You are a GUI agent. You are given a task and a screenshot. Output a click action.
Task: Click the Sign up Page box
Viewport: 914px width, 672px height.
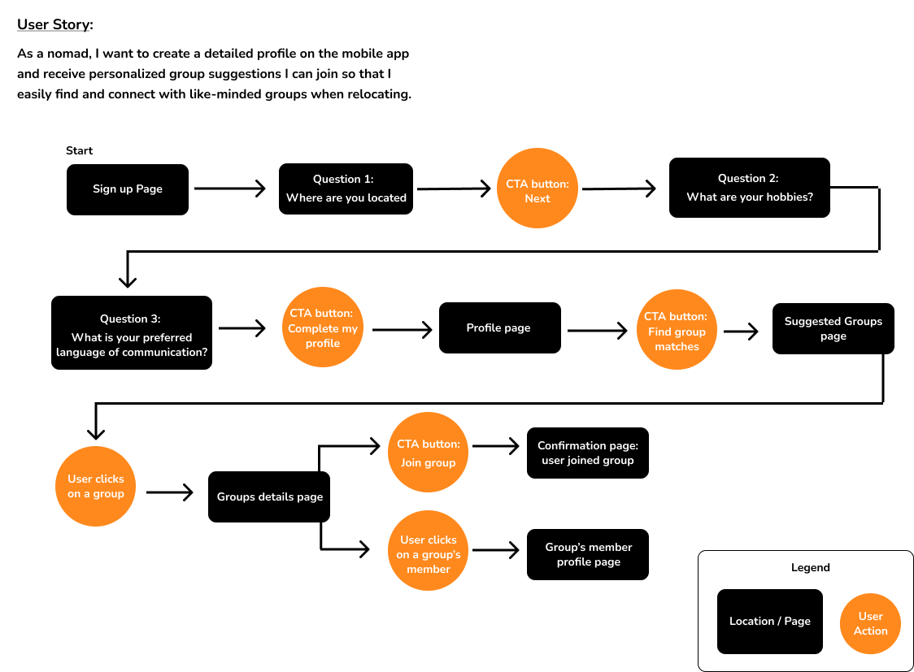[x=128, y=189]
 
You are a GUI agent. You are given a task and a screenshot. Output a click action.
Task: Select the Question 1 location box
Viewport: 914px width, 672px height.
[x=346, y=189]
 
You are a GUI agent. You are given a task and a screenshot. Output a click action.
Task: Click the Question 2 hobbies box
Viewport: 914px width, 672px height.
[x=749, y=188]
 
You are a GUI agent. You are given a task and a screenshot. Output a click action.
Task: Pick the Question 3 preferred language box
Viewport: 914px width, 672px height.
[x=132, y=332]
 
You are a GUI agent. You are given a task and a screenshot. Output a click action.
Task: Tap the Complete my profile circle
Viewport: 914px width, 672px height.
[x=323, y=329]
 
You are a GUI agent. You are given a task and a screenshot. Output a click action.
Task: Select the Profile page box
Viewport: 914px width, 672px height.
[x=499, y=327]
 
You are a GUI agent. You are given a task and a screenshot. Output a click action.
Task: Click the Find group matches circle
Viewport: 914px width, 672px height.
[x=677, y=331]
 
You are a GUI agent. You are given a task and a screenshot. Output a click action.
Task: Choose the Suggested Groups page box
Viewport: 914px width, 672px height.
[x=833, y=328]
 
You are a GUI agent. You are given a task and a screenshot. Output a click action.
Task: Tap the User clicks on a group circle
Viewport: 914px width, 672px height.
[x=96, y=486]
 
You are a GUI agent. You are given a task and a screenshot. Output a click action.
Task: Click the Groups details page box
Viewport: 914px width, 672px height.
[x=269, y=496]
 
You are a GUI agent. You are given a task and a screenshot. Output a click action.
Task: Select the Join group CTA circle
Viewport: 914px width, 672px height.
[x=429, y=453]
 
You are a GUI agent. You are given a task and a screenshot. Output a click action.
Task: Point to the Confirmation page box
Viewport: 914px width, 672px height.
[x=587, y=453]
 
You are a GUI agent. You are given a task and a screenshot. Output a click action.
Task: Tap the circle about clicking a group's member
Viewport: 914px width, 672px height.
[x=429, y=554]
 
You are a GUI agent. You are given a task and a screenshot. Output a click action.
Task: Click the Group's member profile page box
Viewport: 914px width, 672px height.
[x=587, y=554]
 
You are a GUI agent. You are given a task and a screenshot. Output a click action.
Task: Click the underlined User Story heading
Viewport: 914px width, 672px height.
[x=54, y=24]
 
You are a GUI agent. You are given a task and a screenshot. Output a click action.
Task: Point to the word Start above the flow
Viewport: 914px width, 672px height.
[x=80, y=150]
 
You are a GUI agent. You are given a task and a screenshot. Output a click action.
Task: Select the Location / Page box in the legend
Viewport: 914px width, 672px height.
[x=769, y=621]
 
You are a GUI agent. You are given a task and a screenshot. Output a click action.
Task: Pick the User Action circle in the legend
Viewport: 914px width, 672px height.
[x=870, y=623]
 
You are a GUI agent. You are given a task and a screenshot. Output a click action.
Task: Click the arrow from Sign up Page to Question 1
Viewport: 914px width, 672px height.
[x=231, y=189]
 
